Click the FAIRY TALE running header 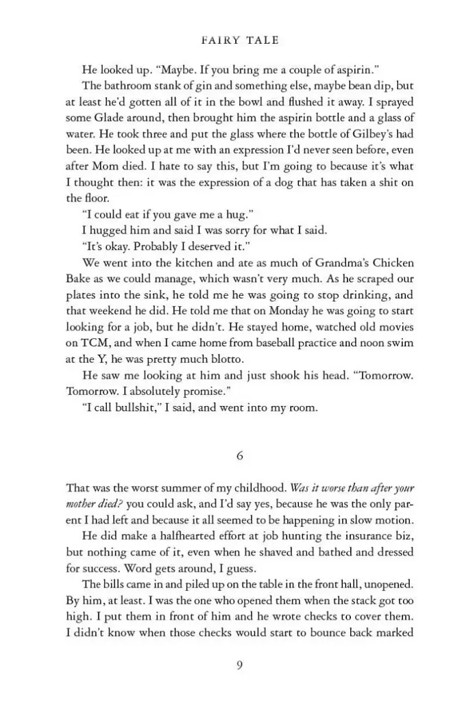(x=241, y=40)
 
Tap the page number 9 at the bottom (x=240, y=665)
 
